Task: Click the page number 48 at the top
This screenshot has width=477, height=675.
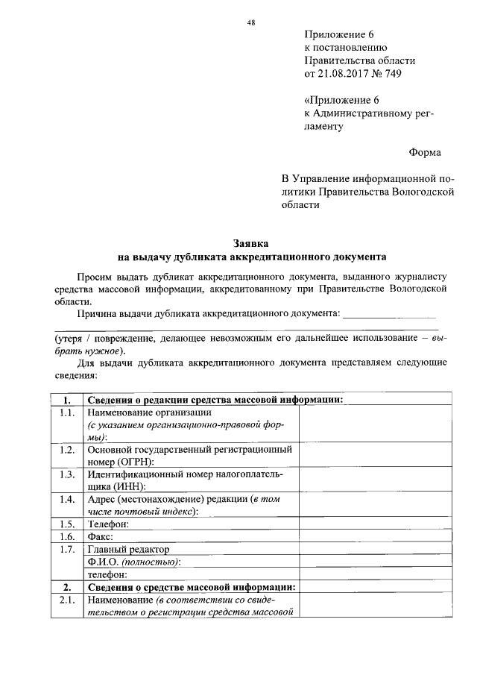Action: [x=251, y=22]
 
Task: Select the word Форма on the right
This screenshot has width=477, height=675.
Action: [x=424, y=152]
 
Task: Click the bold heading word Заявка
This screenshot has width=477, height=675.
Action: [x=251, y=243]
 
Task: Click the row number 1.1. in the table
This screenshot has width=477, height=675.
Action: [x=66, y=412]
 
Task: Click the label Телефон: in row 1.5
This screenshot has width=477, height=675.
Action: [x=108, y=524]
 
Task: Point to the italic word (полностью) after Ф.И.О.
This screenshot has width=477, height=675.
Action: [x=151, y=562]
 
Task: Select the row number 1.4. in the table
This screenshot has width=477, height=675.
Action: [x=66, y=499]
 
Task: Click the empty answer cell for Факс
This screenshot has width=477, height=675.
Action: [x=373, y=537]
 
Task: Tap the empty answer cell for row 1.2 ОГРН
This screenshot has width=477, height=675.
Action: [x=373, y=456]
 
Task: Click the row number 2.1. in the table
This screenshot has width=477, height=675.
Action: [x=66, y=600]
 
